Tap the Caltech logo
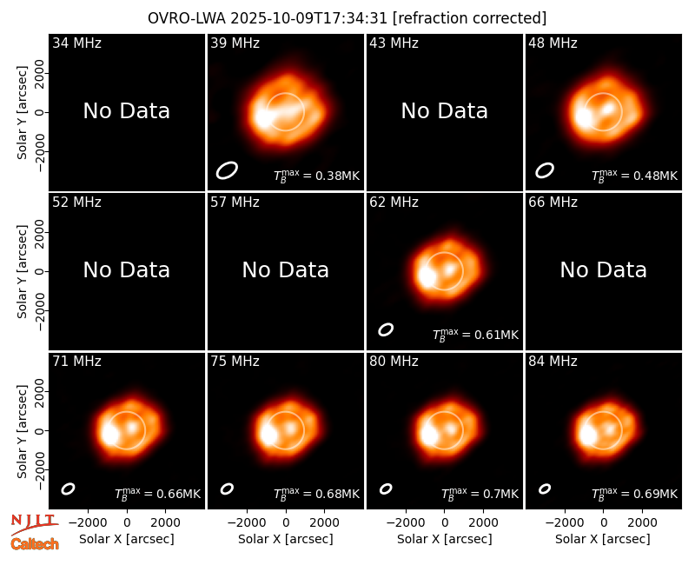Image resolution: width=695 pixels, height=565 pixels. point(35,544)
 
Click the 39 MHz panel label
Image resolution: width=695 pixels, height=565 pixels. point(235,43)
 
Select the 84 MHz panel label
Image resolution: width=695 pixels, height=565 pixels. point(553,362)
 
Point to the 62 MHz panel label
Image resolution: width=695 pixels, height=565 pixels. point(394,203)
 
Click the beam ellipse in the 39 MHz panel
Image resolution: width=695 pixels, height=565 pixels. point(227,170)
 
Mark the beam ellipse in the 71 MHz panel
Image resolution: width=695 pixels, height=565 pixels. point(68,489)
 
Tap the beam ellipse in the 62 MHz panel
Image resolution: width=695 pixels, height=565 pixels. point(386,329)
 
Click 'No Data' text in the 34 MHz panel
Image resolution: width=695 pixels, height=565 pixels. point(126,111)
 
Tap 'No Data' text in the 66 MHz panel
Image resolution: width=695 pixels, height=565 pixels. point(603,269)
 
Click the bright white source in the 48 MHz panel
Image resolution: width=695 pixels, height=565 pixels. point(583,117)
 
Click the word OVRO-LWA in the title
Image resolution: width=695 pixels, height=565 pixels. point(187,18)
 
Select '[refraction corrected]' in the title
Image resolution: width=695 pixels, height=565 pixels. point(469,18)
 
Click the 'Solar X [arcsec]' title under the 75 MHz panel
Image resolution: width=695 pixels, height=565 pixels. point(286,539)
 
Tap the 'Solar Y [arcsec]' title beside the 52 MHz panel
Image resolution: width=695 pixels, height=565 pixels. point(23,271)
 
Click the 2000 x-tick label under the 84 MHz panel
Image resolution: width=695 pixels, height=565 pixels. point(642,523)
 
